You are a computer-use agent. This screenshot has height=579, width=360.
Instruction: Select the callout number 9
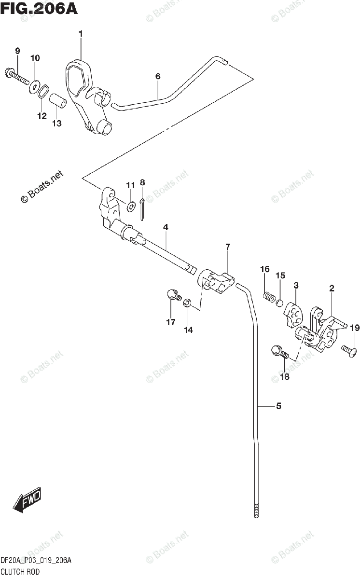click(x=17, y=51)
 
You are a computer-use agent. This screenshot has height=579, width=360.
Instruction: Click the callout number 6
click(x=158, y=76)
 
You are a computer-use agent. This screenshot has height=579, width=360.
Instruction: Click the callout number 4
click(x=166, y=227)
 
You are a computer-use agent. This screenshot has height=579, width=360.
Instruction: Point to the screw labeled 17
click(x=172, y=296)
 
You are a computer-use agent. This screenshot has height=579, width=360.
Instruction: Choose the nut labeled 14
click(x=189, y=303)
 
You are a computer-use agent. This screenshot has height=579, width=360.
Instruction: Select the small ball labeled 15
click(x=279, y=303)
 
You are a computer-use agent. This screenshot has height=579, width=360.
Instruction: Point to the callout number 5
click(x=278, y=406)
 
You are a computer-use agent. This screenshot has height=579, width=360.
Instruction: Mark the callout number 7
click(x=227, y=247)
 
